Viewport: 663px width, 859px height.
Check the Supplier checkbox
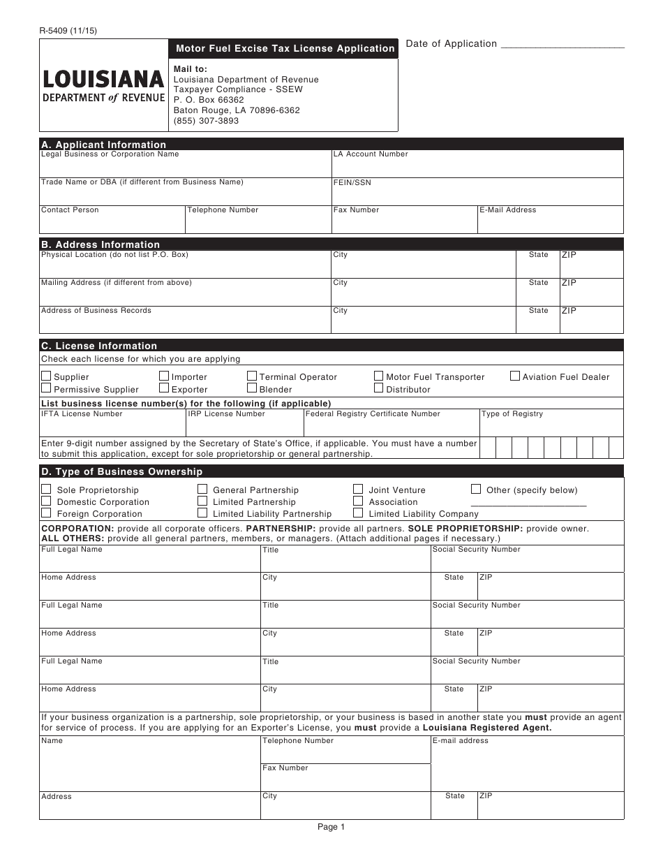click(46, 376)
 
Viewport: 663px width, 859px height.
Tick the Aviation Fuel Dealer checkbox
click(515, 376)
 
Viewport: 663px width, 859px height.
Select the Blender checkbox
click(252, 388)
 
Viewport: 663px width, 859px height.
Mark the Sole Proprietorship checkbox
click(46, 490)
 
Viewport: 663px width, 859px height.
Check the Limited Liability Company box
click(358, 513)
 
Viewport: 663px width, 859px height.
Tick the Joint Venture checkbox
click(358, 490)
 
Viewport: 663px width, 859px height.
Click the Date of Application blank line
click(563, 46)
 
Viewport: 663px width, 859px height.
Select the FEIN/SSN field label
click(352, 182)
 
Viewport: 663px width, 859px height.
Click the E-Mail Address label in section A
click(507, 210)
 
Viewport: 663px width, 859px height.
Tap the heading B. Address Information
click(100, 244)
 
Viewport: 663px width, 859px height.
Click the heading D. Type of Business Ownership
click(121, 471)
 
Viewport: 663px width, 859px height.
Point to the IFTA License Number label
click(82, 414)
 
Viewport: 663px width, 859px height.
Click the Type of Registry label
click(512, 414)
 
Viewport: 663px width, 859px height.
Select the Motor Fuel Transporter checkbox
click(378, 376)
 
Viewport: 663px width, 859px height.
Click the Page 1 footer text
click(331, 827)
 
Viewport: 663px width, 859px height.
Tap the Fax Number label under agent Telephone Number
click(285, 768)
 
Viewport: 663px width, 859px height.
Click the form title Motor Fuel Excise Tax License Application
click(285, 48)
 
